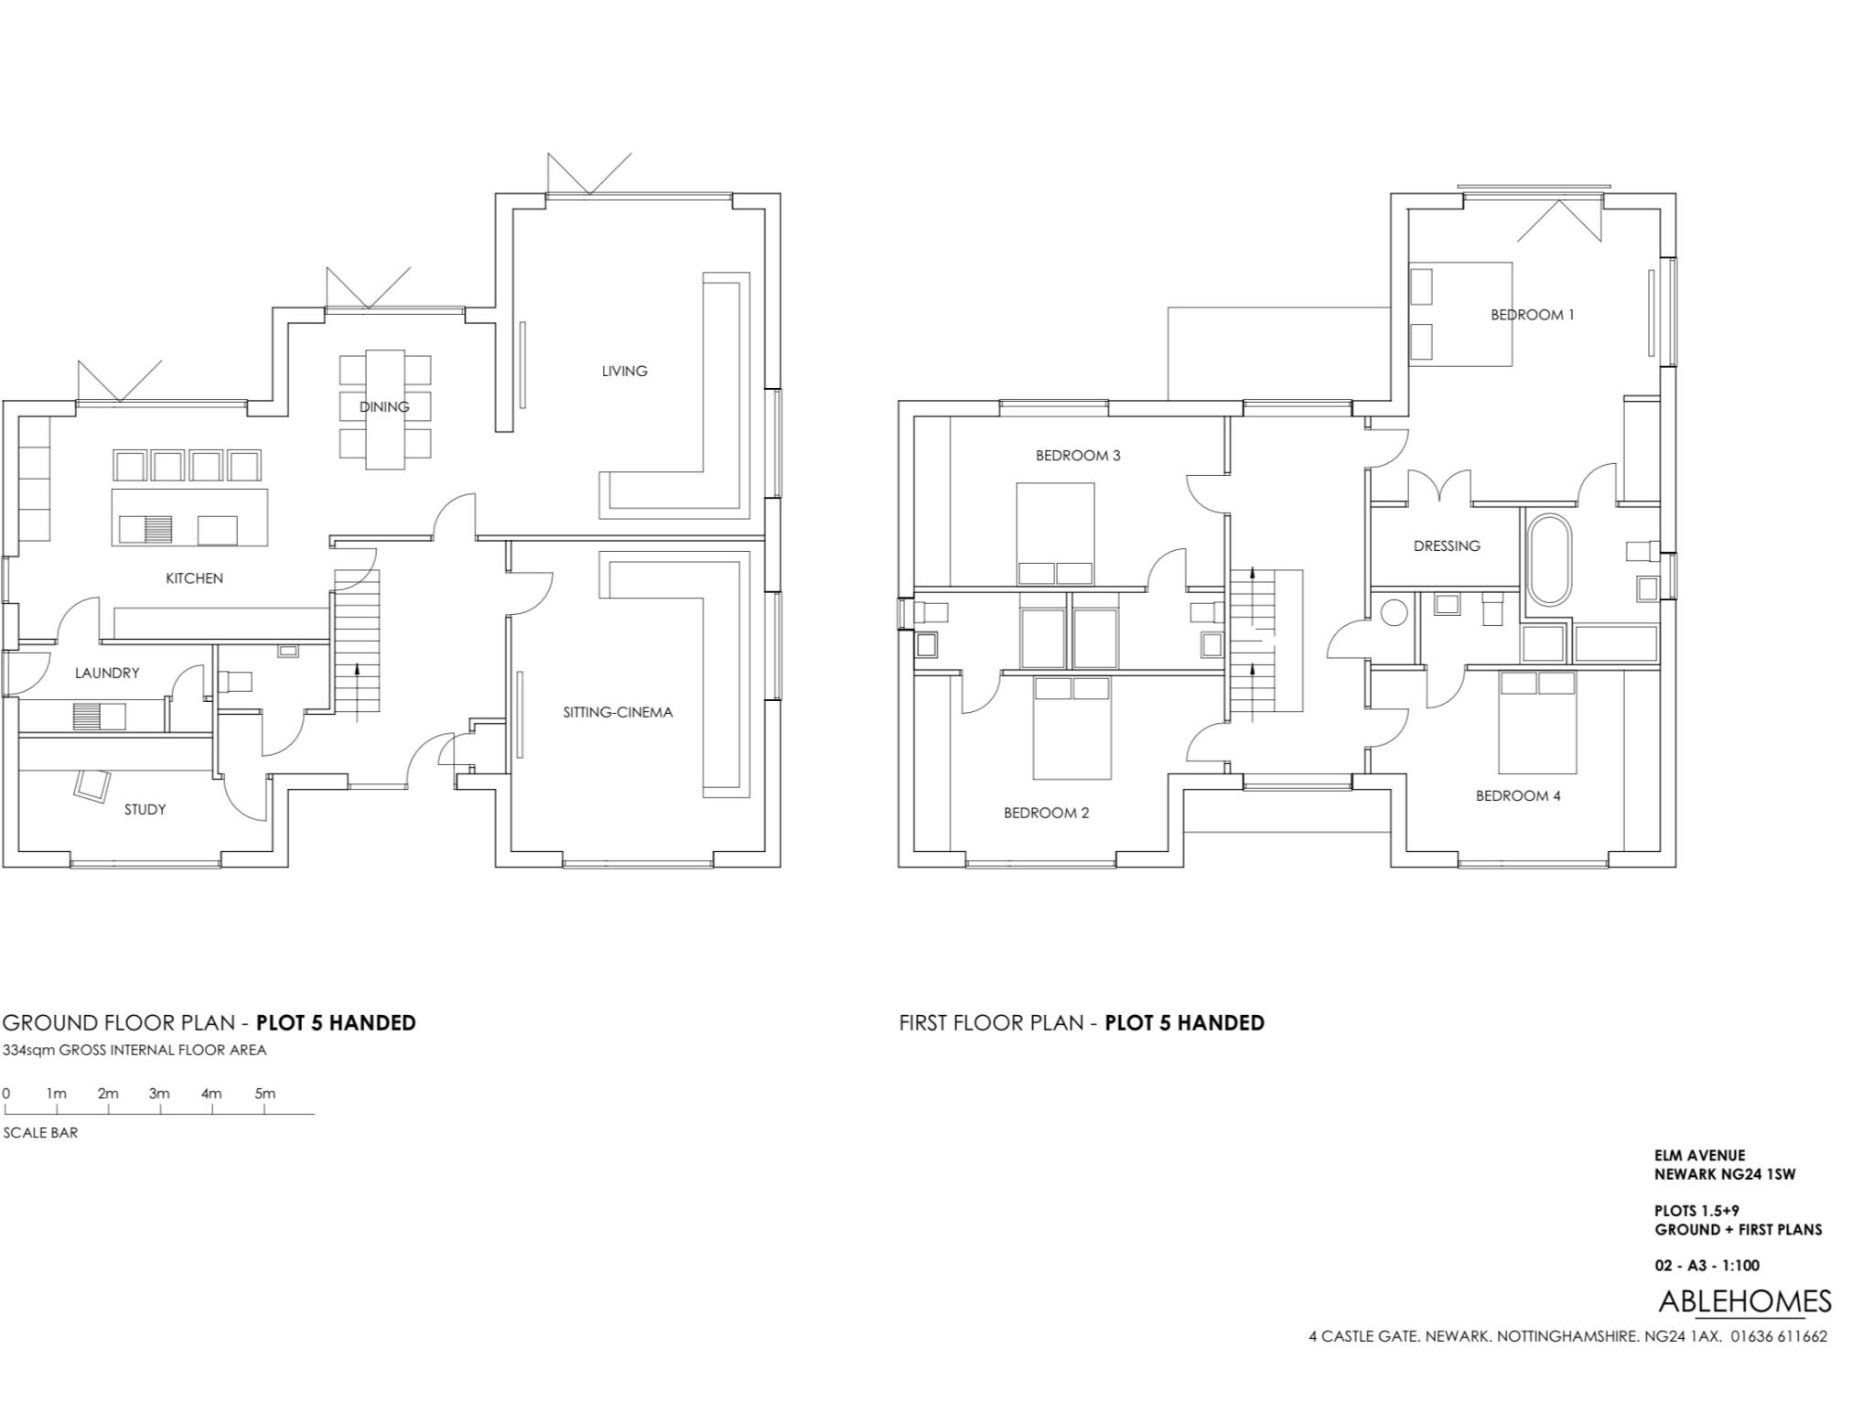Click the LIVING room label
pos(624,371)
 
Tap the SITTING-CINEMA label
pos(618,712)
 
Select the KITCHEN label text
pos(194,578)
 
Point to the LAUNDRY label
pos(107,673)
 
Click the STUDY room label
pos(145,809)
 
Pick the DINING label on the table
pos(384,406)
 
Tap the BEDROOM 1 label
pos(1532,315)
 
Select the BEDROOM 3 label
pos(1078,455)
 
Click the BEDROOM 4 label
pos(1518,795)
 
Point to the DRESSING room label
pos(1446,545)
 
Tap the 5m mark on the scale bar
pos(264,1094)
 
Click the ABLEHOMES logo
pos(1744,1301)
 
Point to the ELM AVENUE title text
pos(1699,1156)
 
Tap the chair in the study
pos(92,784)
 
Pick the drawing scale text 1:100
pos(1739,1266)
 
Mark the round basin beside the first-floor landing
pos(1393,612)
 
